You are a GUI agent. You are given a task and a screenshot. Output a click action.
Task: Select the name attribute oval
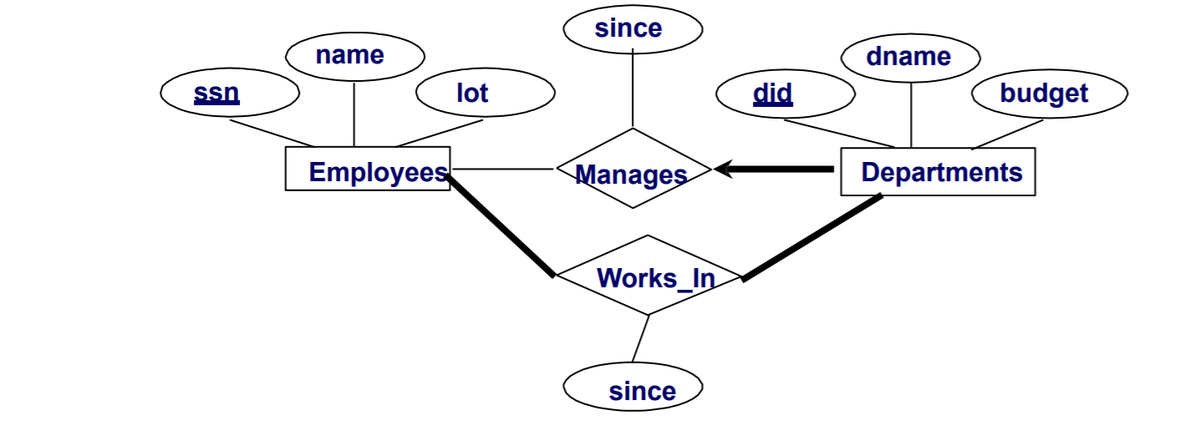click(x=354, y=57)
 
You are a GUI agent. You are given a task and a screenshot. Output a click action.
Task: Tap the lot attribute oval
click(x=485, y=94)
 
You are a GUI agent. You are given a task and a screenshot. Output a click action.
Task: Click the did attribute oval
click(x=785, y=94)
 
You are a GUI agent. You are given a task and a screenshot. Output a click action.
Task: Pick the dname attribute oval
click(x=910, y=58)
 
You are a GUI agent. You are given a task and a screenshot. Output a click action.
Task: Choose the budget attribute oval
click(x=1049, y=94)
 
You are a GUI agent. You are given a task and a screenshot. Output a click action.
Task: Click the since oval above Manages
click(x=633, y=28)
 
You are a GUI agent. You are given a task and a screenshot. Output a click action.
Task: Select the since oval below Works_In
click(x=633, y=388)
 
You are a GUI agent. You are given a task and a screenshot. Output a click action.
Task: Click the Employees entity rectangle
click(x=368, y=170)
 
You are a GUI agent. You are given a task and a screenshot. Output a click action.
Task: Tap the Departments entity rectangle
click(x=938, y=172)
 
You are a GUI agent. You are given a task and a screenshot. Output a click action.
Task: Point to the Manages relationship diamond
click(x=633, y=169)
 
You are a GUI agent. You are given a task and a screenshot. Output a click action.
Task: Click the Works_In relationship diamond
click(x=648, y=276)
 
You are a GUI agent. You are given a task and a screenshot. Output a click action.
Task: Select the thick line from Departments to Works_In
click(x=811, y=237)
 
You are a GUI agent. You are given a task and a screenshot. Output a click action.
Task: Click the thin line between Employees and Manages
click(x=501, y=169)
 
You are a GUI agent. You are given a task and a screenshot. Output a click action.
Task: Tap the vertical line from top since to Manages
click(x=633, y=88)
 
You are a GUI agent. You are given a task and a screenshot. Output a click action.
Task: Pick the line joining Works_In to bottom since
click(x=640, y=338)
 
